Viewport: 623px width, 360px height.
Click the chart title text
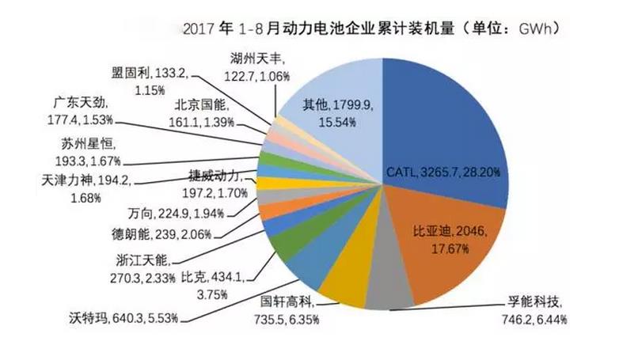371,30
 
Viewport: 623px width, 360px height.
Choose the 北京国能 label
202,116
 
